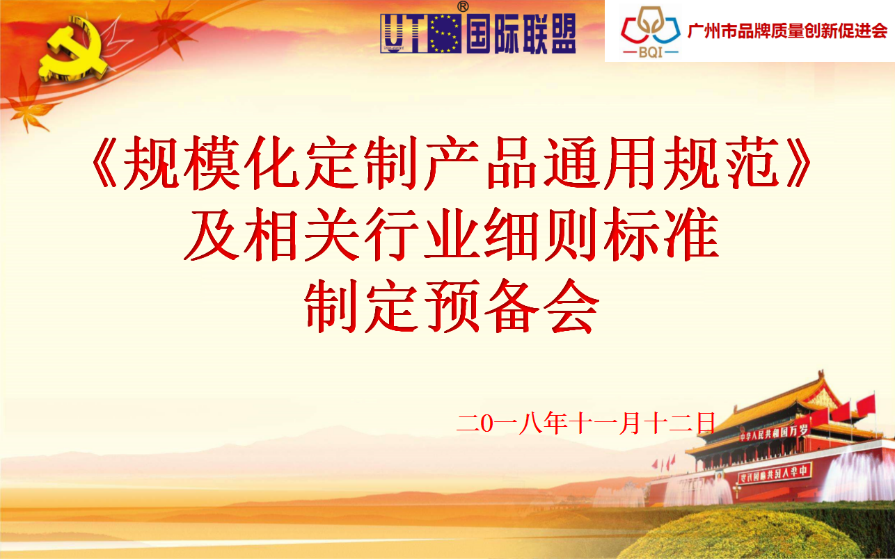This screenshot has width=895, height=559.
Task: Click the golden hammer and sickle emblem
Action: pyautogui.click(x=74, y=50)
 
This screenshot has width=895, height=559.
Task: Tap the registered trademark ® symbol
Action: pyautogui.click(x=463, y=7)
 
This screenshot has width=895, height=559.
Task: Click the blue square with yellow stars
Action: pyautogui.click(x=444, y=33)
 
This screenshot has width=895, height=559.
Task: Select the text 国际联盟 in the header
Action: pyautogui.click(x=521, y=33)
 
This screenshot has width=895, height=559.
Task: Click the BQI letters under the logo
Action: pyautogui.click(x=651, y=52)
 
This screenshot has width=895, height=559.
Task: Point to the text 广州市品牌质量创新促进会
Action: pyautogui.click(x=787, y=31)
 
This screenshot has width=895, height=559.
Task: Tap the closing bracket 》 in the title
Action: pyautogui.click(x=798, y=163)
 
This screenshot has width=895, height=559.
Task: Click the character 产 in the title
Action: pyautogui.click(x=452, y=163)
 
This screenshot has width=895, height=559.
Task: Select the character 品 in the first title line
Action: pyautogui.click(x=512, y=163)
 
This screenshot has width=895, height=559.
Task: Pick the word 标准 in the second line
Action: pyautogui.click(x=661, y=234)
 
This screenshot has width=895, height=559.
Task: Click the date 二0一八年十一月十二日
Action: pyautogui.click(x=585, y=423)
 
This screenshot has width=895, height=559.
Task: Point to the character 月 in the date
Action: pyautogui.click(x=630, y=423)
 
